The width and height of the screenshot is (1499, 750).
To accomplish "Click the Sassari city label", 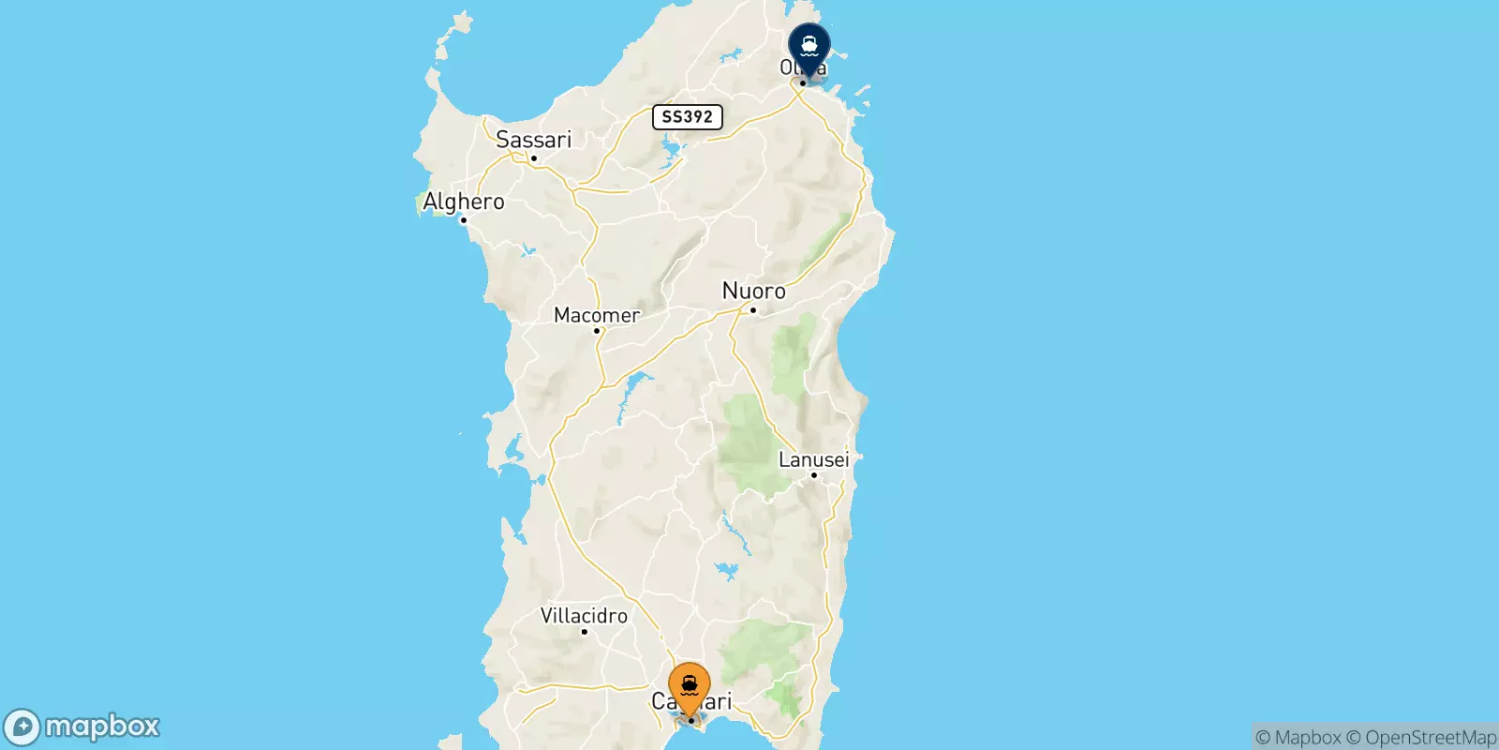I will [533, 140].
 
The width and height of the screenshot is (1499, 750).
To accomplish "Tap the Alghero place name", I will [463, 202].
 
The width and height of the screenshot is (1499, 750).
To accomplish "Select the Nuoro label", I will [753, 292].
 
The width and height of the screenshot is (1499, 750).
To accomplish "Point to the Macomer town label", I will [597, 315].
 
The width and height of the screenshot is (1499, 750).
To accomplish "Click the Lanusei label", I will [813, 459].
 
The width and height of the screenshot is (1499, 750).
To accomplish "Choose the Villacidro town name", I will [584, 616].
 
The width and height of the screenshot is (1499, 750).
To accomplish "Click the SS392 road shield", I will [687, 117].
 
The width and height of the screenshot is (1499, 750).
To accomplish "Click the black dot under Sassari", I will [534, 158].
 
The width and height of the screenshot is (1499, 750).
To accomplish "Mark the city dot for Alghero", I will [463, 220].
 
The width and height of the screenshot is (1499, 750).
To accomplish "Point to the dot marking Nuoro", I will [753, 310].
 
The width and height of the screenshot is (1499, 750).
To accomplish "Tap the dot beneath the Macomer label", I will [597, 331].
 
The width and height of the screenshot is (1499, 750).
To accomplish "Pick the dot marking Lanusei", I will [814, 475].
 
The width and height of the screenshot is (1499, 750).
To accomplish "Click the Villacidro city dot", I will [584, 632].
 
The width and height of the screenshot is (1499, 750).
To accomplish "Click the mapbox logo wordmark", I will [102, 727].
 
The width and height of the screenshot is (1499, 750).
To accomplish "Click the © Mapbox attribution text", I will [1298, 738].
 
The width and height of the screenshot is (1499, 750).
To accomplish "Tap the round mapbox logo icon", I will [22, 727].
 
